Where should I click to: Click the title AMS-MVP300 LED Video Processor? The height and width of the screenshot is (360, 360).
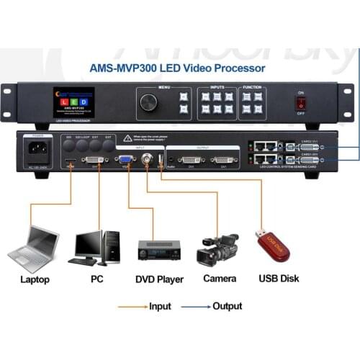coord(176,69)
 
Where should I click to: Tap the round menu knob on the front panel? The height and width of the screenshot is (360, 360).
coord(149,101)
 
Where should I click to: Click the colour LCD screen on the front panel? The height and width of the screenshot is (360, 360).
coord(73,103)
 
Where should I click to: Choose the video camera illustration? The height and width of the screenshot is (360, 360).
coord(217,248)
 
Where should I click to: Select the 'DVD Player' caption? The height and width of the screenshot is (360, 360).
coord(159,279)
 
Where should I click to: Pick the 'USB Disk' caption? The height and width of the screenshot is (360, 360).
coord(279,279)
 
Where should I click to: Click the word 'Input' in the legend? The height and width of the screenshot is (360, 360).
coord(159,305)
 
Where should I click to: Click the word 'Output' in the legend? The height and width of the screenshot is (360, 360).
coord(228,305)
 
